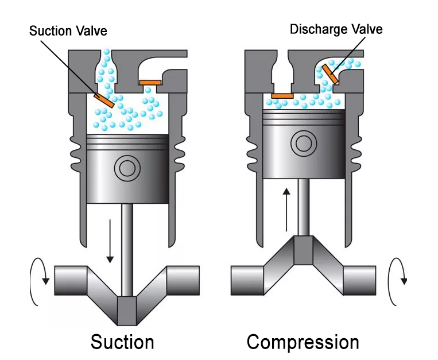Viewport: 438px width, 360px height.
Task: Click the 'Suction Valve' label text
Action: [x=68, y=29]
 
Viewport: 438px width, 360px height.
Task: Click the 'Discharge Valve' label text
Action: [x=336, y=29]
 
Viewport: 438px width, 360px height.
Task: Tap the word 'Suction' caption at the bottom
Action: [x=122, y=342]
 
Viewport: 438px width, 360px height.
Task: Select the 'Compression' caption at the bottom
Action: [x=303, y=342]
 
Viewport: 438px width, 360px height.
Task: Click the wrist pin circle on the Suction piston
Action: [x=126, y=168]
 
